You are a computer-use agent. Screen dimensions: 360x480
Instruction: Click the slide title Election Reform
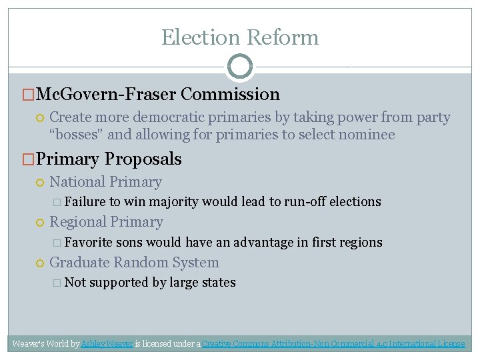240,37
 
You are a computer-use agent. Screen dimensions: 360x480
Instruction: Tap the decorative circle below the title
240,67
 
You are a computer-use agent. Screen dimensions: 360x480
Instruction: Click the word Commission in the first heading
230,95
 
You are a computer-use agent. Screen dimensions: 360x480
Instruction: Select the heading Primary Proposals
109,159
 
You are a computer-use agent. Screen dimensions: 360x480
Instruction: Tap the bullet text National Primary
105,182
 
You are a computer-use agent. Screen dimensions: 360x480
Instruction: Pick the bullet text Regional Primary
106,222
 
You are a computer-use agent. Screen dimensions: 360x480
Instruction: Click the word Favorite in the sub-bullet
89,242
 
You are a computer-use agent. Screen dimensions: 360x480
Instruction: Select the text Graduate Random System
134,263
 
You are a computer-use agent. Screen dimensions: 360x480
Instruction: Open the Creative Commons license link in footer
333,344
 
